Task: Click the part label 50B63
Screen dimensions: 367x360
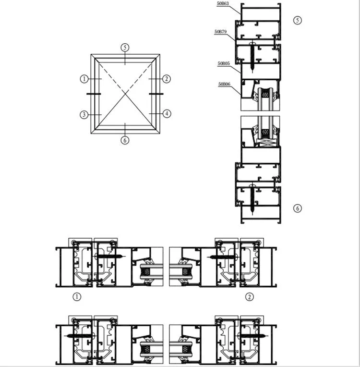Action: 223,3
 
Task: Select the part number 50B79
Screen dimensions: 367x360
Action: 221,32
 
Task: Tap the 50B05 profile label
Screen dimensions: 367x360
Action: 224,63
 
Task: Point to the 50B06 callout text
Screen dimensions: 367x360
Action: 224,84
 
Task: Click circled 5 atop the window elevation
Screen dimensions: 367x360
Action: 125,48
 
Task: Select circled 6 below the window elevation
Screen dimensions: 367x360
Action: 125,141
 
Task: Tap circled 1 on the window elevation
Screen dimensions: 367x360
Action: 84,79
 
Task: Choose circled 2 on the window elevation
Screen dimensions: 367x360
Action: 166,79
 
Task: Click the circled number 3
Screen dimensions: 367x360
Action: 84,114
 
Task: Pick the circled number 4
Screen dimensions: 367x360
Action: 166,114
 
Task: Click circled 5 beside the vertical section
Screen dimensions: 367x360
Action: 298,20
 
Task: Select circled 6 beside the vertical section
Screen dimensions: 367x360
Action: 298,208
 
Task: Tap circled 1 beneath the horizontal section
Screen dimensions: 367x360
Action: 77,297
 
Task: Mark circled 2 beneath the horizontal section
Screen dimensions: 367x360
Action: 250,297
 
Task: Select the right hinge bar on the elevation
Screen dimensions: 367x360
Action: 156,94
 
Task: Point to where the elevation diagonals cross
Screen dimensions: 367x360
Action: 125,93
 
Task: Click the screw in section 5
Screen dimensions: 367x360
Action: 253,56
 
